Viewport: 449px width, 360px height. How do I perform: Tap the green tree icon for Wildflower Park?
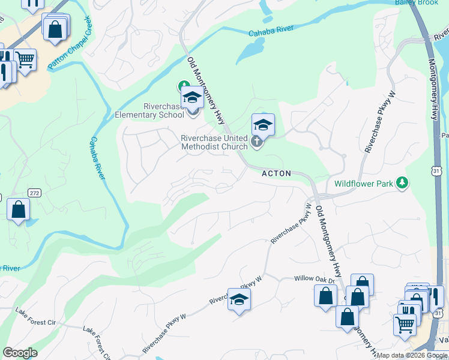pos(402,182)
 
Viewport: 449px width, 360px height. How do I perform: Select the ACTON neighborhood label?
pos(276,173)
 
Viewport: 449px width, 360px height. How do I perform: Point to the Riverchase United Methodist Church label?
pos(214,142)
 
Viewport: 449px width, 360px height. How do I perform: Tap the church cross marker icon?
pos(257,142)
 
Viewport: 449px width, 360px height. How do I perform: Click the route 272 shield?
pos(34,193)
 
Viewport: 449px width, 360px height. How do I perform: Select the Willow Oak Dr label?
pos(313,279)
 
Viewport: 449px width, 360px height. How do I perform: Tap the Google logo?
pos(20,353)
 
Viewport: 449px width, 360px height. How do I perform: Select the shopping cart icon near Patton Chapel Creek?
pos(25,59)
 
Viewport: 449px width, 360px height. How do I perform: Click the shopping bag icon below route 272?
pos(19,209)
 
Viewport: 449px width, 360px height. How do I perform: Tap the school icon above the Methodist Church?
pos(263,124)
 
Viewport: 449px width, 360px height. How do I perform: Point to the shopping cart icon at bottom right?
pos(405,325)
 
